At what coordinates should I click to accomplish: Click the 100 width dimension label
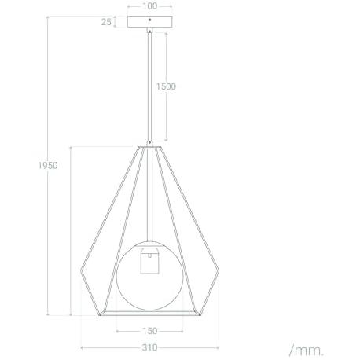149,6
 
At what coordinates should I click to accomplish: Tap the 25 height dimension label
106,22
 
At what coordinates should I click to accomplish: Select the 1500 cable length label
166,86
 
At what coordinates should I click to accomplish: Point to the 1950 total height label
48,166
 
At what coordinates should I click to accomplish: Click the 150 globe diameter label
150,331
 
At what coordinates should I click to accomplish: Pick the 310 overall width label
150,347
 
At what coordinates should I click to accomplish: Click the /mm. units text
307,351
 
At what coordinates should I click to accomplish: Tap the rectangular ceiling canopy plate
149,22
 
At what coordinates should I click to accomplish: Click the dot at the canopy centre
149,20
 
